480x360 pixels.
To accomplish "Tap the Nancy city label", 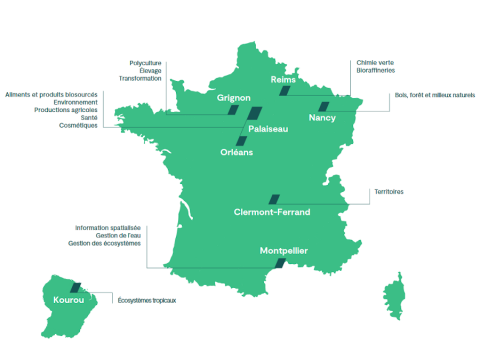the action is (x=322, y=118).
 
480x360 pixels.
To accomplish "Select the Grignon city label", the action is (x=233, y=98).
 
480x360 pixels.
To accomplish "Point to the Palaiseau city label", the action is (x=269, y=130).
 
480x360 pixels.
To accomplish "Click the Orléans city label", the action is (x=237, y=152).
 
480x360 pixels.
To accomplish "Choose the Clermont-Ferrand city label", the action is (x=272, y=212).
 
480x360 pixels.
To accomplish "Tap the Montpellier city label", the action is (x=283, y=250).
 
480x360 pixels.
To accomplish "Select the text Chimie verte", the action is (x=375, y=62).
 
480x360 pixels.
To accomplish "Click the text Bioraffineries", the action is (x=378, y=70).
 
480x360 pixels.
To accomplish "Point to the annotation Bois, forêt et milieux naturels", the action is (x=435, y=95).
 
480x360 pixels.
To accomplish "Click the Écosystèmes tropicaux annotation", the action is (x=147, y=300).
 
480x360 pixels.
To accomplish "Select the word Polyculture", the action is (x=146, y=62).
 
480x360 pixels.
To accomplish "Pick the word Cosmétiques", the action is (x=78, y=125).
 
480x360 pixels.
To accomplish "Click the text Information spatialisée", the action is (x=108, y=227).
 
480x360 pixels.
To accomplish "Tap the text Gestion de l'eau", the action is (x=117, y=235).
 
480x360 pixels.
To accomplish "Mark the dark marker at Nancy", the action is (x=323, y=105).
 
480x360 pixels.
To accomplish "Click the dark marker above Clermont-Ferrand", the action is (x=273, y=199).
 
